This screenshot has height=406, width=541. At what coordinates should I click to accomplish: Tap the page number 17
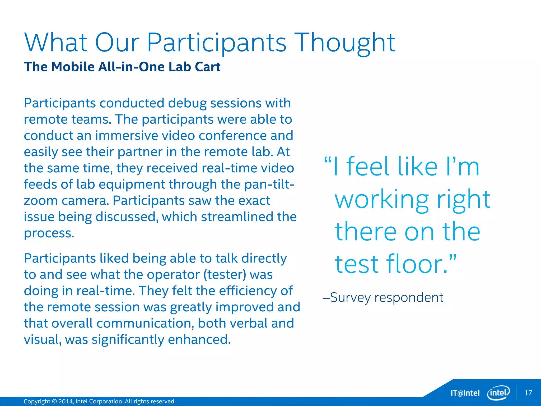(528, 393)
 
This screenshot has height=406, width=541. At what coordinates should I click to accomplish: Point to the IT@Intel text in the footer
(465, 393)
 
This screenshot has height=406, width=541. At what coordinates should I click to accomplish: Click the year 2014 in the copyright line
(65, 401)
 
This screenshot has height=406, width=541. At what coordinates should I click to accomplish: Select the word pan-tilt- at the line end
(269, 184)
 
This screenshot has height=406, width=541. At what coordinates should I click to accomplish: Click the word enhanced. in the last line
(199, 340)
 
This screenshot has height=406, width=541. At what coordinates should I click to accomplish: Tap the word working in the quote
(381, 200)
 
